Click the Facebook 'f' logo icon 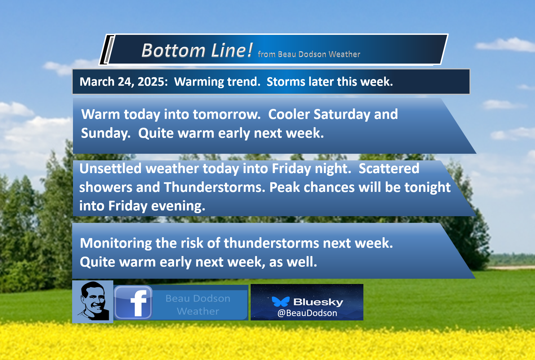coord(133,302)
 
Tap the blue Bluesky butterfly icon coord(280,301)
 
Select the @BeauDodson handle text coord(307,313)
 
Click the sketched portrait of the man coord(93,302)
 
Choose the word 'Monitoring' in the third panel coord(116,244)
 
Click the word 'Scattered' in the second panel coord(389,168)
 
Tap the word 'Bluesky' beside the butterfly coord(318,302)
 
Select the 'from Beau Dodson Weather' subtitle coord(309,54)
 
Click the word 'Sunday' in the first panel coord(106,133)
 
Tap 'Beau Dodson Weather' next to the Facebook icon coord(198,305)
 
